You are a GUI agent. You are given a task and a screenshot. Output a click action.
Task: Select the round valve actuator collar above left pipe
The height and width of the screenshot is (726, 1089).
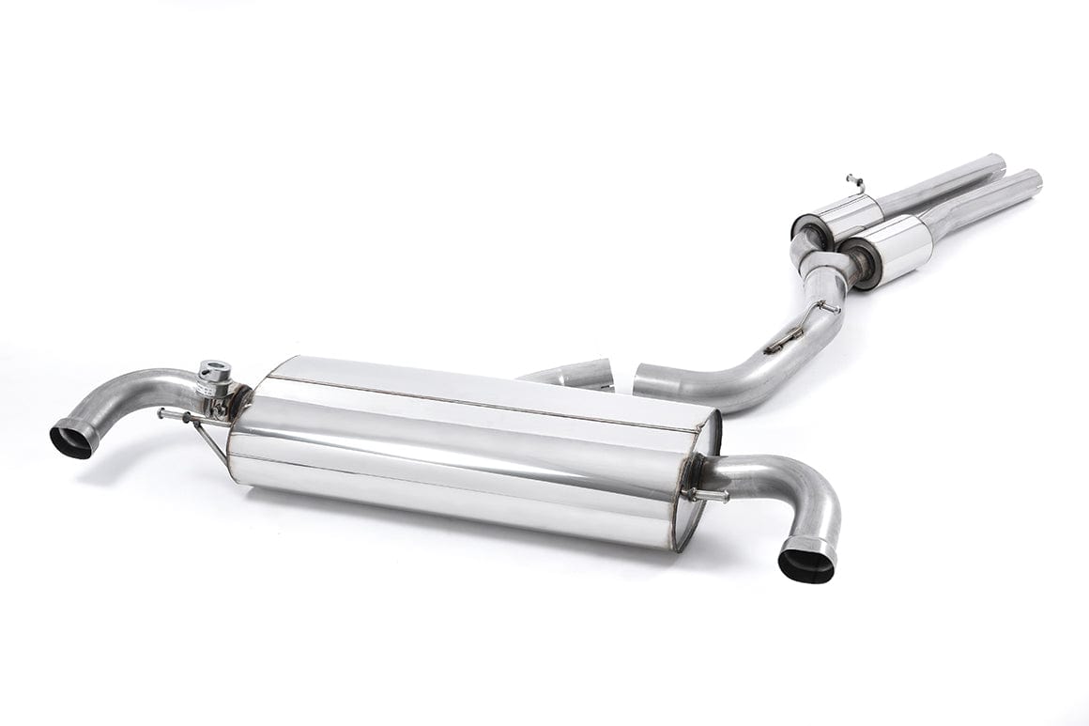point(216,370)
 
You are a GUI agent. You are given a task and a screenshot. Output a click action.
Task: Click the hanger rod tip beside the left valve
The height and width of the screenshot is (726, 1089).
point(162,411)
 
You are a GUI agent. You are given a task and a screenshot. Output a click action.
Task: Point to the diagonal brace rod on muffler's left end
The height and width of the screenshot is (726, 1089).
point(212,441)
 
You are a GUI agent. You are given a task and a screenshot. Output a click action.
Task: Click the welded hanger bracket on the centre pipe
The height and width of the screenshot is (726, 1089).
point(784,340)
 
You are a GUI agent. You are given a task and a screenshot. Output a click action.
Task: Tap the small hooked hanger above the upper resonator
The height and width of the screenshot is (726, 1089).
point(854,178)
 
